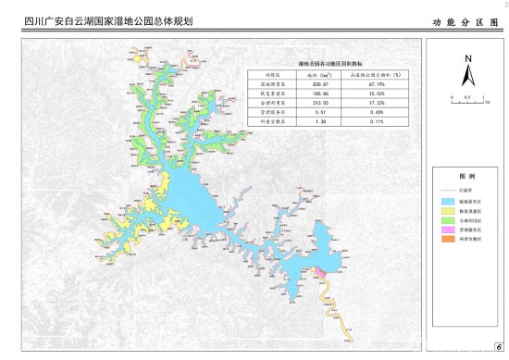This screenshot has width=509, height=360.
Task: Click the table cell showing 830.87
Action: pos(319,82)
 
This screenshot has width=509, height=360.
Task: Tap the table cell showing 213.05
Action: pos(319,102)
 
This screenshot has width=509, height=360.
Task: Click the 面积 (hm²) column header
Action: pos(319,72)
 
